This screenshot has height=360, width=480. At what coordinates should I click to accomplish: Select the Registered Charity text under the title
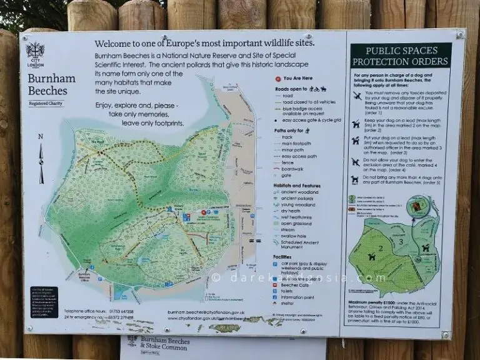pyautogui.click(x=47, y=103)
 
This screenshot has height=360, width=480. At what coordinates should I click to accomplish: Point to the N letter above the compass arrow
pyautogui.click(x=40, y=136)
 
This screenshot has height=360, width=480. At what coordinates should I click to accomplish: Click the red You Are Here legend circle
pyautogui.click(x=277, y=79)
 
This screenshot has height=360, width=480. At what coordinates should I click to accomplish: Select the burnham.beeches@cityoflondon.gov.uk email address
pyautogui.click(x=207, y=311)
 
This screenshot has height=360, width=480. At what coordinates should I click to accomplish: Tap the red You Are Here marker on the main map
pyautogui.click(x=186, y=217)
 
